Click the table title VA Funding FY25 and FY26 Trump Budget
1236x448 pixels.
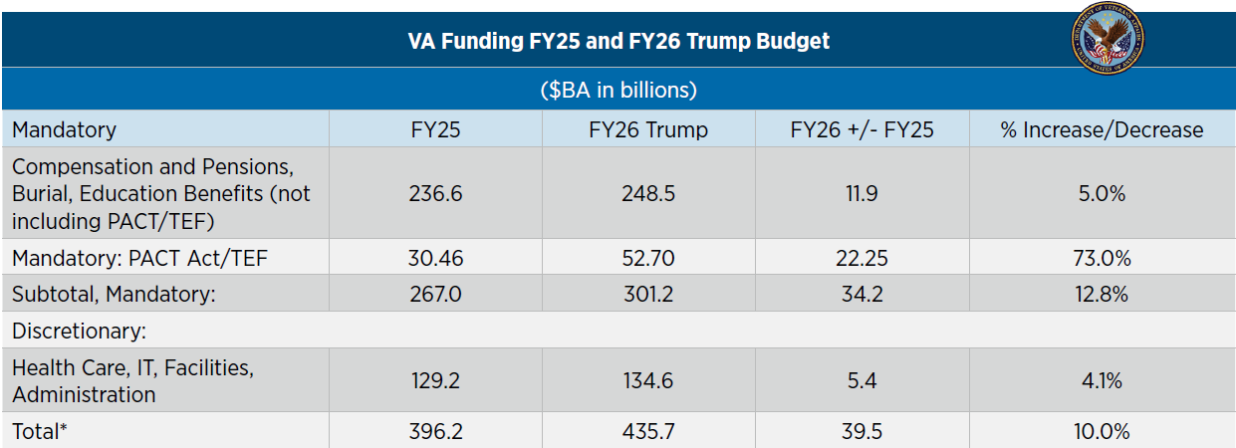(618, 42)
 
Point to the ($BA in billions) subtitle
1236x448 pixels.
(618, 90)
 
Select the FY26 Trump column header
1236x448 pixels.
(647, 129)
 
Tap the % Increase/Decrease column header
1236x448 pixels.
(1102, 129)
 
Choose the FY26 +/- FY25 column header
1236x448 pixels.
(862, 129)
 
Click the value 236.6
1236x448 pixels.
(435, 193)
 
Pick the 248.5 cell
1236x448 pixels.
(647, 193)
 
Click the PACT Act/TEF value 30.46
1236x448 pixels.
(435, 259)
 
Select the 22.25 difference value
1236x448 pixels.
(862, 259)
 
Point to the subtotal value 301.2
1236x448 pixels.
(647, 295)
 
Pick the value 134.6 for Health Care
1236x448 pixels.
(647, 380)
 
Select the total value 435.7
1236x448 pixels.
(647, 431)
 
